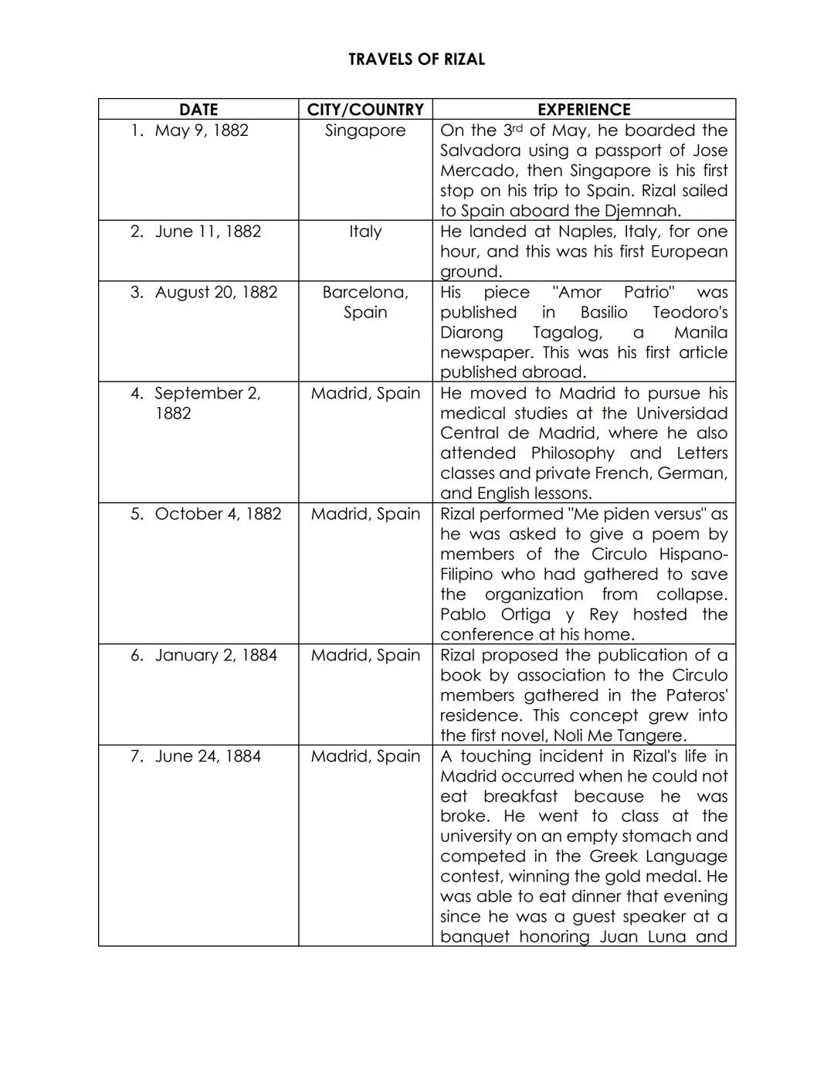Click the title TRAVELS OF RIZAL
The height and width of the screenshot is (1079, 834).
pos(416,59)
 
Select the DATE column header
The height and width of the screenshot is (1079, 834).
pos(198,110)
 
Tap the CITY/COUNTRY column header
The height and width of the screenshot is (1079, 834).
pos(365,110)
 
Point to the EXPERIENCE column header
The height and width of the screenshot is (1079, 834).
pos(584,110)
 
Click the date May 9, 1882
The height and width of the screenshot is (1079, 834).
pos(202,131)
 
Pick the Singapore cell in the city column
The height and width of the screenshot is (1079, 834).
pos(365,131)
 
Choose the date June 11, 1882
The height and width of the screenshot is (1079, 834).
pos(208,232)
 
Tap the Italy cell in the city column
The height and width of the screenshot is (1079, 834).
pos(365,232)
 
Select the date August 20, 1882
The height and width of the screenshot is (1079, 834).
pos(215,293)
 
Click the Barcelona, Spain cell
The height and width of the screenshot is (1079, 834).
pos(365,302)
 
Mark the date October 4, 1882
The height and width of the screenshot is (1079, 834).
pos(218,514)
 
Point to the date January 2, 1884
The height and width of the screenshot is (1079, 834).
pos(215,656)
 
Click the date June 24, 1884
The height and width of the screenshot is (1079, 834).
pos(208,756)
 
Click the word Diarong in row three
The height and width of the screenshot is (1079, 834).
pos(471,333)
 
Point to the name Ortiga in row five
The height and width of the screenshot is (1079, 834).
pos(526,615)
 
